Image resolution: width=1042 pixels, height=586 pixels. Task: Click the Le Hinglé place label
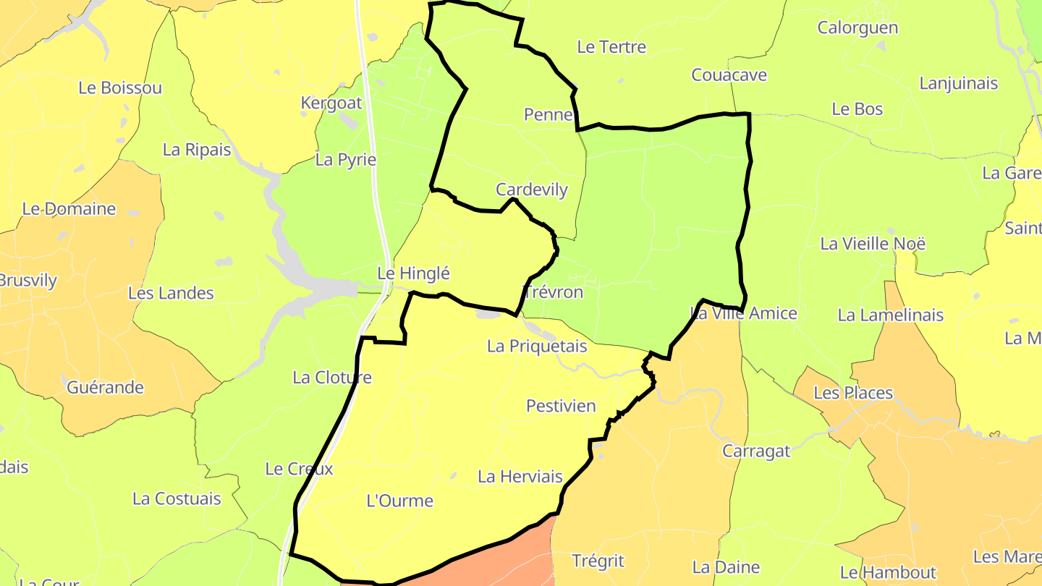(x=414, y=273)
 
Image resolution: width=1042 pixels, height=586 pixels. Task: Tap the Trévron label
(x=553, y=292)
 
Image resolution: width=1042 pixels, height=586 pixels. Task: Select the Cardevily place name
(x=532, y=190)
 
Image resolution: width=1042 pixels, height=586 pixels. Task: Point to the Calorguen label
(x=857, y=27)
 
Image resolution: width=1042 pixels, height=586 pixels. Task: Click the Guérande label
(x=105, y=387)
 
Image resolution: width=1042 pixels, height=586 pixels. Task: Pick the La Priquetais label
(x=537, y=347)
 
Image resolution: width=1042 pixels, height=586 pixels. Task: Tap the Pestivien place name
(x=561, y=406)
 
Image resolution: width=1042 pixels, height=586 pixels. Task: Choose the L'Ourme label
(x=400, y=501)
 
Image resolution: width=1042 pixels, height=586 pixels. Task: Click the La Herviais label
(x=520, y=477)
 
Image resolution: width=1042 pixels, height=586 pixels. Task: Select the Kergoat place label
(x=331, y=103)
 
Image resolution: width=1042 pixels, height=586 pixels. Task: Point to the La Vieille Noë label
(x=873, y=243)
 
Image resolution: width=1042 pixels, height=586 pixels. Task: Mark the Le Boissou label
(x=120, y=88)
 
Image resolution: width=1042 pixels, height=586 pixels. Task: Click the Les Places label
(x=853, y=393)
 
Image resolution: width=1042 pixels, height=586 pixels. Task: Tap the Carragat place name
(x=757, y=451)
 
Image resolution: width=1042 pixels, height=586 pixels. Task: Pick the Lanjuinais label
(x=958, y=83)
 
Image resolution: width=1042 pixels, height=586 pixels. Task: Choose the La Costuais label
(x=177, y=498)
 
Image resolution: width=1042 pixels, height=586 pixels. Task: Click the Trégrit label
(x=598, y=561)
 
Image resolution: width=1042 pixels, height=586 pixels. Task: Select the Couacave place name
(x=729, y=75)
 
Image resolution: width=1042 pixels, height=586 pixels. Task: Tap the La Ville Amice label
(x=744, y=313)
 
